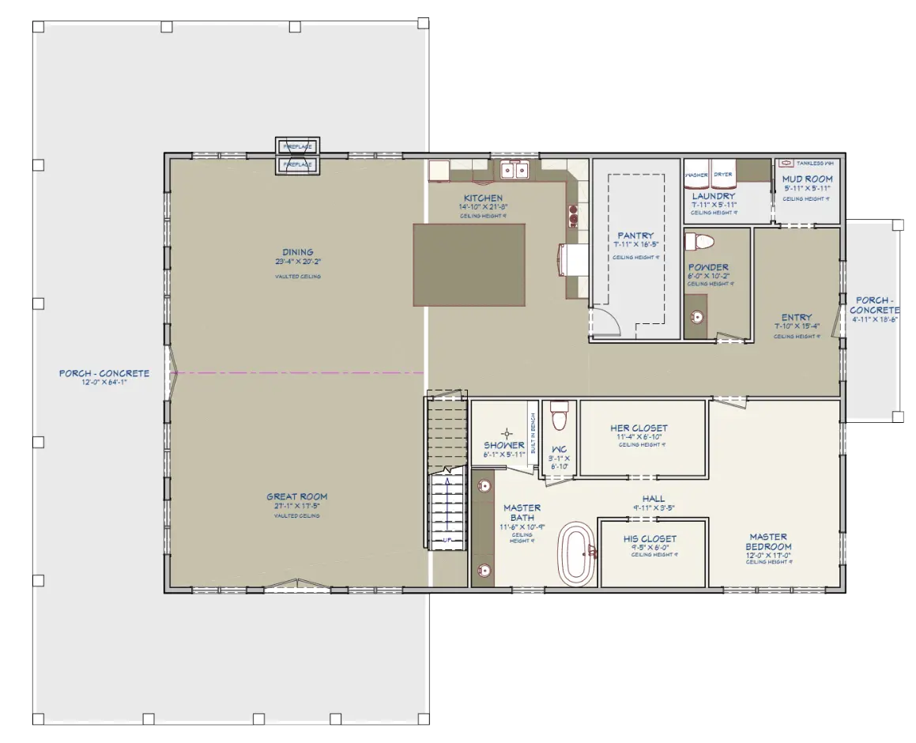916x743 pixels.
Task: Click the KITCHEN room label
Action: (483, 198)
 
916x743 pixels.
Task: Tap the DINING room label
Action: (297, 253)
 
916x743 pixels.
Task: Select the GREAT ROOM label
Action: (297, 497)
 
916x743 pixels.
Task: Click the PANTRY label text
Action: (635, 236)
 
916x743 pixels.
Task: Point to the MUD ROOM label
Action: (807, 179)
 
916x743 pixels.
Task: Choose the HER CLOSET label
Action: (639, 428)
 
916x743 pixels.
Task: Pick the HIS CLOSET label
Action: (650, 538)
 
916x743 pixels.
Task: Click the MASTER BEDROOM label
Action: (769, 541)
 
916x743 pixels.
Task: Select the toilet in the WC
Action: (560, 416)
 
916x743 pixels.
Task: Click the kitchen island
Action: (469, 264)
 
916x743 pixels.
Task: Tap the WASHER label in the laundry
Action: (696, 174)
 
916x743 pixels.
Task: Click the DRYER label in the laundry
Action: (722, 174)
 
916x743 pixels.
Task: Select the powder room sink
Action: (696, 318)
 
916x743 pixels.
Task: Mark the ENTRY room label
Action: (796, 318)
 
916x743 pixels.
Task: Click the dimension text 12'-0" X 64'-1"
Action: (104, 382)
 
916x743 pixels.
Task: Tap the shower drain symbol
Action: (507, 433)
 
